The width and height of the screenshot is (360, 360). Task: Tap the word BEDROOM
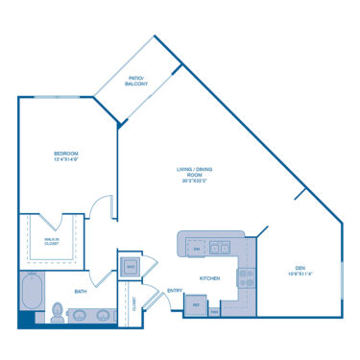(65, 154)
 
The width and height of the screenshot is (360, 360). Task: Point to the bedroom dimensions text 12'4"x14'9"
(65, 160)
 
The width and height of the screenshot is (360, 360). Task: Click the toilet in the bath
(57, 312)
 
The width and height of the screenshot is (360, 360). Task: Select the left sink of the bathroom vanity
(80, 314)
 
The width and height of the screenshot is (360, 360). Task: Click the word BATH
(80, 291)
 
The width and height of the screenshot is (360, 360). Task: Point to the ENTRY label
(176, 290)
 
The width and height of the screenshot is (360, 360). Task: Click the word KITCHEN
(210, 278)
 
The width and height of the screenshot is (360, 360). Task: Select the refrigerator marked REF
(196, 304)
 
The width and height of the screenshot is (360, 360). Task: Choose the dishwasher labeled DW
(196, 249)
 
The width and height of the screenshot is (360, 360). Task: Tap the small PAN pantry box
(214, 310)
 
